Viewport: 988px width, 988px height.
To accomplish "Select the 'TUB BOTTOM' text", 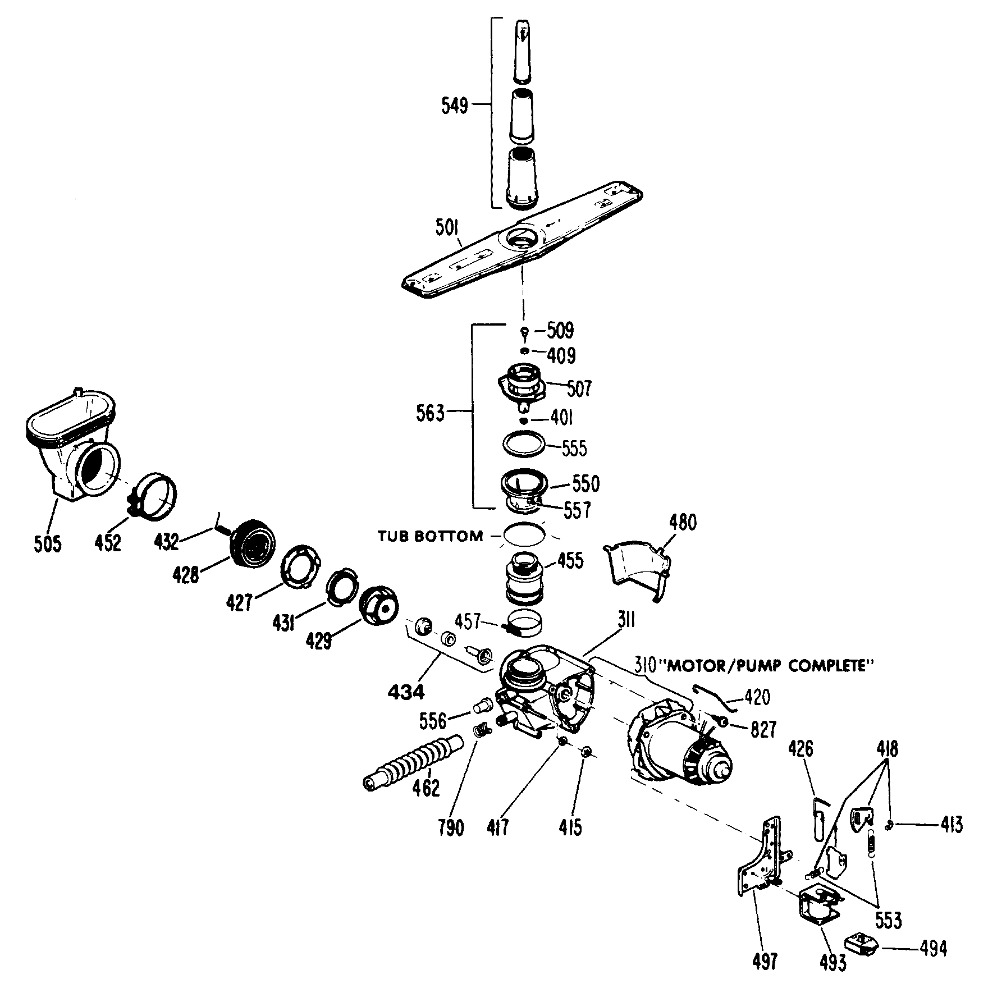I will [431, 536].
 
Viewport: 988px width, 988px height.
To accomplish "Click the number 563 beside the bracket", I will [431, 414].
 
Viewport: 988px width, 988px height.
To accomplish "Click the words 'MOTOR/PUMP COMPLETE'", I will [766, 666].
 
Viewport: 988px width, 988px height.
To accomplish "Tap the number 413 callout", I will [952, 825].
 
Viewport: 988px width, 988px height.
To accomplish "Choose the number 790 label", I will [452, 828].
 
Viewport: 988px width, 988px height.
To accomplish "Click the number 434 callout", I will [406, 692].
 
